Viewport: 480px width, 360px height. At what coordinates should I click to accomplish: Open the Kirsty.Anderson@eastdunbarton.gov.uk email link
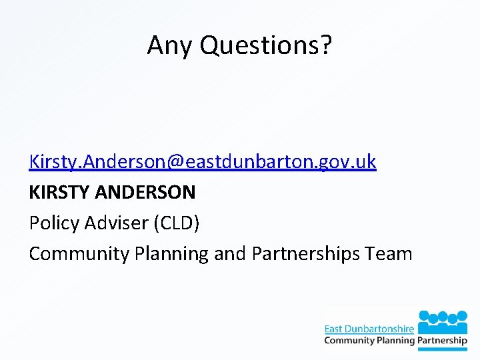pos(203,161)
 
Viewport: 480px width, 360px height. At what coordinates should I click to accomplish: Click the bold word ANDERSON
pos(146,193)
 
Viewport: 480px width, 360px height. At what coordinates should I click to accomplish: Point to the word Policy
pos(54,223)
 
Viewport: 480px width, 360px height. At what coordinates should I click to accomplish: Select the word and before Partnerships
pos(230,254)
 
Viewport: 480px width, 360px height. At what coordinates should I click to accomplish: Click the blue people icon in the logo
pos(443,318)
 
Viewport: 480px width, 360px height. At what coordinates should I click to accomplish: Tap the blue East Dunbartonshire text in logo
pos(369,329)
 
